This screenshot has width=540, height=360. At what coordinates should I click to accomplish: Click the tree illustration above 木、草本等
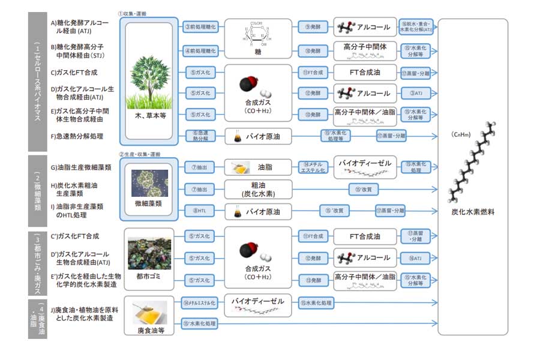click(x=148, y=76)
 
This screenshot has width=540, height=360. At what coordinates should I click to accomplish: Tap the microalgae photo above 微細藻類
click(x=149, y=180)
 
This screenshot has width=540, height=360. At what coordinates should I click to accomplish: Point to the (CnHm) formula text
click(x=472, y=136)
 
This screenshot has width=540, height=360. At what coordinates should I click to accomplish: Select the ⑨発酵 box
click(x=312, y=26)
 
